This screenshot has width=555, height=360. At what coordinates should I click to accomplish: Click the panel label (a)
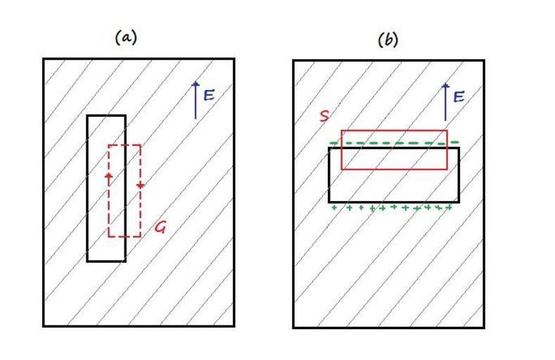(x=125, y=39)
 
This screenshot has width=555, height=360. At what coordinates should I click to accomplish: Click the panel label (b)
(x=388, y=40)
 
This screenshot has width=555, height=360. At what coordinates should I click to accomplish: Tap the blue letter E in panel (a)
(x=209, y=95)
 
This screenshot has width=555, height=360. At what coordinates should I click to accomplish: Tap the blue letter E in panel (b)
(x=459, y=96)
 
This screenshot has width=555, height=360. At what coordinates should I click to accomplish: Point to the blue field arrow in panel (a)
(x=196, y=100)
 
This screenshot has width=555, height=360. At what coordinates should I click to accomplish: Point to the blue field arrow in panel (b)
(x=445, y=101)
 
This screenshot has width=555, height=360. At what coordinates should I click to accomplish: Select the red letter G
(x=161, y=227)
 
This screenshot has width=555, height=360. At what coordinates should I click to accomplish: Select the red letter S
(x=324, y=116)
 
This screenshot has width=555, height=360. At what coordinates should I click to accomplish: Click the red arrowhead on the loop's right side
(x=140, y=185)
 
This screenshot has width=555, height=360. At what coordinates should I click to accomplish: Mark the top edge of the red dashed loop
(x=125, y=146)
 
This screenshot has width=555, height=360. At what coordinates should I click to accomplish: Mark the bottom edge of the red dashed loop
(x=125, y=236)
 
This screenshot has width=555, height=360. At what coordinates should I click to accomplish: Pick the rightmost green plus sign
(x=448, y=207)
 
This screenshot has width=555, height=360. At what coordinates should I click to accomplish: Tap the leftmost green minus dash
(x=335, y=143)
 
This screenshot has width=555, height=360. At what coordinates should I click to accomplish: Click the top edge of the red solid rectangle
(x=394, y=131)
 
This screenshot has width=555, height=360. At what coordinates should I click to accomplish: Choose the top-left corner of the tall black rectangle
(x=87, y=116)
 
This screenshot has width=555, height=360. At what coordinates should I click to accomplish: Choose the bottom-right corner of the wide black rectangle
(x=459, y=201)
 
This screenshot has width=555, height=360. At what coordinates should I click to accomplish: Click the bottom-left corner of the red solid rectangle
(x=342, y=169)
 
